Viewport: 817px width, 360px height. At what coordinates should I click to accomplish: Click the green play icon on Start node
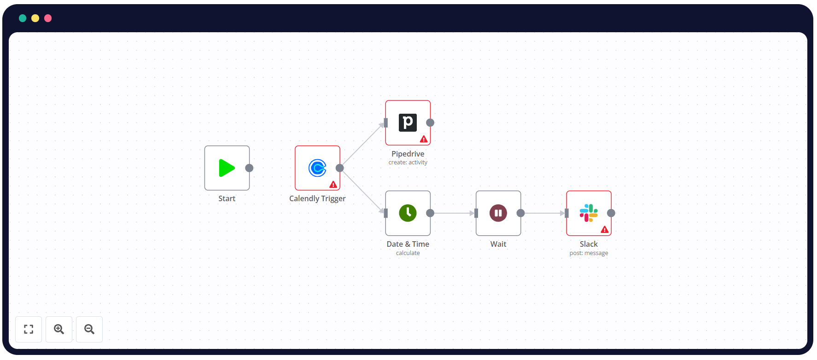coord(227,168)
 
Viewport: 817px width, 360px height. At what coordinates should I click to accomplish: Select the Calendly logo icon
coord(317,168)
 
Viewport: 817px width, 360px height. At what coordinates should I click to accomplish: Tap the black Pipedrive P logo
coord(408,122)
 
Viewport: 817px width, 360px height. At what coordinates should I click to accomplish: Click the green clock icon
coord(408,213)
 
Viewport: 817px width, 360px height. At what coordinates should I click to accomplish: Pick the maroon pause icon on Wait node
coord(498,213)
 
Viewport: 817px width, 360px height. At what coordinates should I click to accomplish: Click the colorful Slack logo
coord(589,213)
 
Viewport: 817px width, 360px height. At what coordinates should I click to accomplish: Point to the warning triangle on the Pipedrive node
coord(424,139)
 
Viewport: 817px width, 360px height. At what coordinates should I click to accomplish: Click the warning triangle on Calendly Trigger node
coord(333,185)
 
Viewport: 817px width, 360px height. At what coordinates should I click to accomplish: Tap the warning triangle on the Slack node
coord(605,230)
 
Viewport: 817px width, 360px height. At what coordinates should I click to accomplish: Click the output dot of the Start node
coord(249,168)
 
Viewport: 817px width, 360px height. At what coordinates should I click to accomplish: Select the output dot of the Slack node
coord(611,213)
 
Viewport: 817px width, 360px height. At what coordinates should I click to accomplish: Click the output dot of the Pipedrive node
coord(430,122)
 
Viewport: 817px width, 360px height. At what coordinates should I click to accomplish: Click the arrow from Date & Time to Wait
coord(453,213)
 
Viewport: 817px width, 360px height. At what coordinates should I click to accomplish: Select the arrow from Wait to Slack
coord(543,213)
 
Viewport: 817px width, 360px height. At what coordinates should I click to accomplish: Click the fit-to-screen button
coord(29,329)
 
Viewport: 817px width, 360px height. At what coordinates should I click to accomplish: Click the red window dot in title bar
coord(48,18)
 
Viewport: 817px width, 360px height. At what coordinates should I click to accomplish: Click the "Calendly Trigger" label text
coord(317,198)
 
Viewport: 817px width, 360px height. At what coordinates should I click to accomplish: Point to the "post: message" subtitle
coord(589,253)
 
